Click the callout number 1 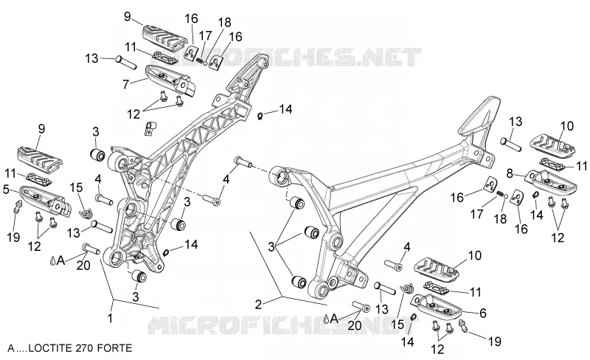[110, 318]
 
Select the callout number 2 [258, 304]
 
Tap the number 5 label [6, 190]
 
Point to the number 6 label [483, 313]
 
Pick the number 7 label [126, 84]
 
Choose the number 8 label [510, 174]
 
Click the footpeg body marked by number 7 [170, 80]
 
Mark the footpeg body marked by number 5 [44, 200]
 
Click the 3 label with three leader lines [271, 248]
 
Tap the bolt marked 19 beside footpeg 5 [17, 207]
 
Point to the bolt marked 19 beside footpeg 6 [464, 325]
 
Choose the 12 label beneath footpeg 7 [133, 114]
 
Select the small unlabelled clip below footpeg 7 [150, 128]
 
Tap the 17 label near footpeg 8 [476, 215]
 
